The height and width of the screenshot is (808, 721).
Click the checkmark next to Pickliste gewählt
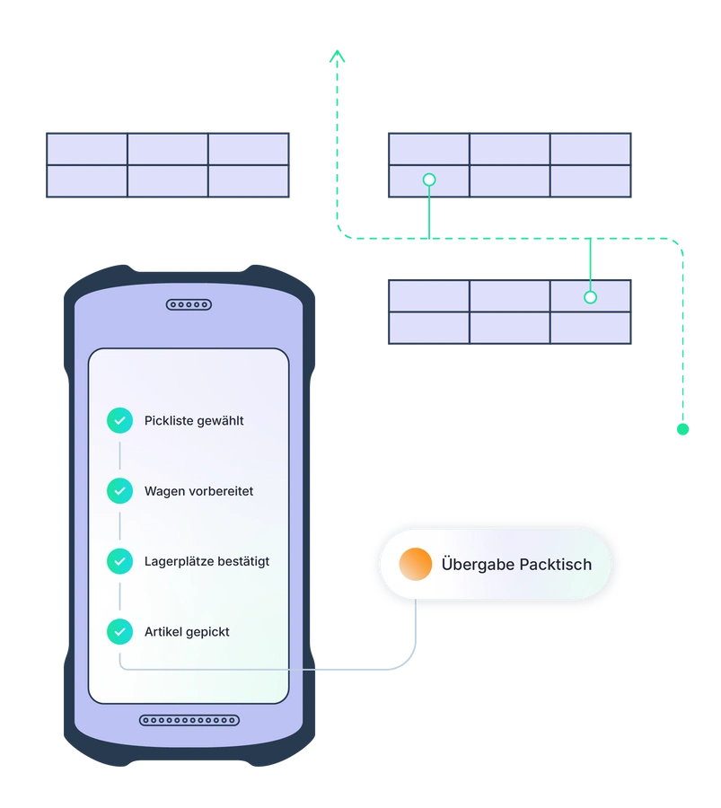pyautogui.click(x=119, y=420)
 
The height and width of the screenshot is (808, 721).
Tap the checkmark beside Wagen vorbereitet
pyautogui.click(x=119, y=491)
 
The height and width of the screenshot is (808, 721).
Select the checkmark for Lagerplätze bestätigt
pyautogui.click(x=119, y=561)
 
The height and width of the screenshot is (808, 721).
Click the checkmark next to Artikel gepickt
pyautogui.click(x=119, y=632)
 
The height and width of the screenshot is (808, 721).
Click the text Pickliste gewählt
pyautogui.click(x=193, y=420)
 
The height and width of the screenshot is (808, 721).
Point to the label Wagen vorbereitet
pyautogui.click(x=198, y=491)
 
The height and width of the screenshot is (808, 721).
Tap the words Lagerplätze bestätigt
pyautogui.click(x=207, y=561)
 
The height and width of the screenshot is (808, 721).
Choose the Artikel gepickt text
pyautogui.click(x=187, y=632)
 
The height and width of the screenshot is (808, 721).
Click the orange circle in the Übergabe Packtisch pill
pyautogui.click(x=416, y=565)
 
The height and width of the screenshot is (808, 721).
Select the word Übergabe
pyautogui.click(x=478, y=565)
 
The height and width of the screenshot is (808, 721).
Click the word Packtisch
pyautogui.click(x=555, y=565)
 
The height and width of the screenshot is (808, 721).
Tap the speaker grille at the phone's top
pyautogui.click(x=189, y=305)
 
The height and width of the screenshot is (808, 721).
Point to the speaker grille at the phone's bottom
pyautogui.click(x=189, y=720)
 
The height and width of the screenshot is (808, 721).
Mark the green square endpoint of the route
pyautogui.click(x=683, y=430)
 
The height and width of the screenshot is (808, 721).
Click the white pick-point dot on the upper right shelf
pyautogui.click(x=429, y=180)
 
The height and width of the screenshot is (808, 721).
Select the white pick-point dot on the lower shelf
pyautogui.click(x=590, y=297)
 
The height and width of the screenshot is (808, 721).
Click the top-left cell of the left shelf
pyautogui.click(x=87, y=149)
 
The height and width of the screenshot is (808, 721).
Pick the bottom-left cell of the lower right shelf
pyautogui.click(x=429, y=328)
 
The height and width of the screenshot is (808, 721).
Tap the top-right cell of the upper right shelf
pyautogui.click(x=590, y=149)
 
